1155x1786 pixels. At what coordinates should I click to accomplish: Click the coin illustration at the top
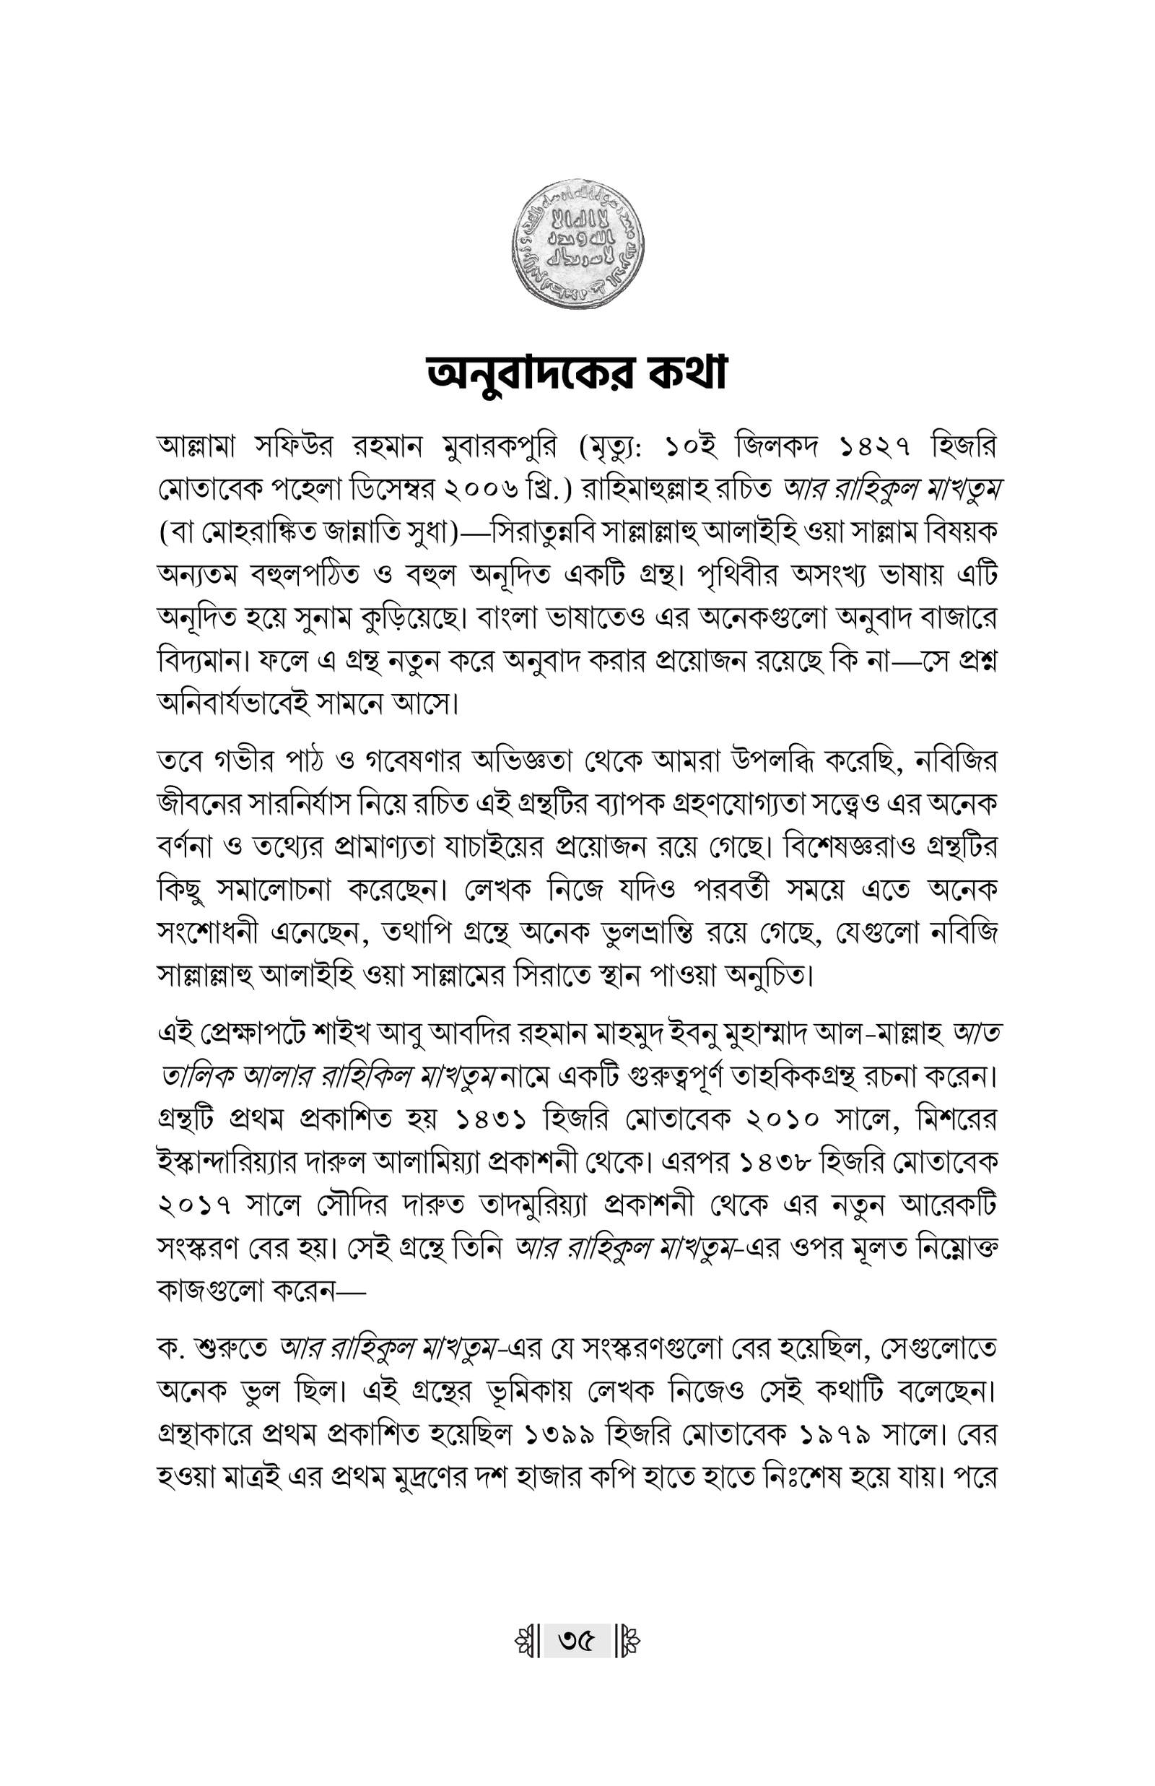(577, 245)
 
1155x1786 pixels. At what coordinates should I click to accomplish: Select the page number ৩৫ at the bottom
(576, 1642)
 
